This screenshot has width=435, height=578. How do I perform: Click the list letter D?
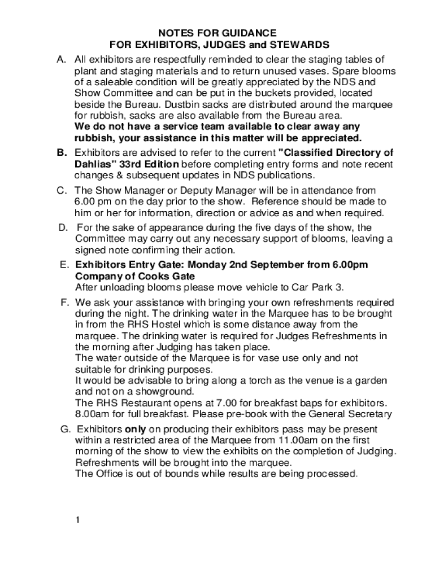62,227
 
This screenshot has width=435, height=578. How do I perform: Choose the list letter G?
64,429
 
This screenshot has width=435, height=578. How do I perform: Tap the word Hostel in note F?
174,325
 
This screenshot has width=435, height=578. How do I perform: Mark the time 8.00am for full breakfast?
92,414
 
